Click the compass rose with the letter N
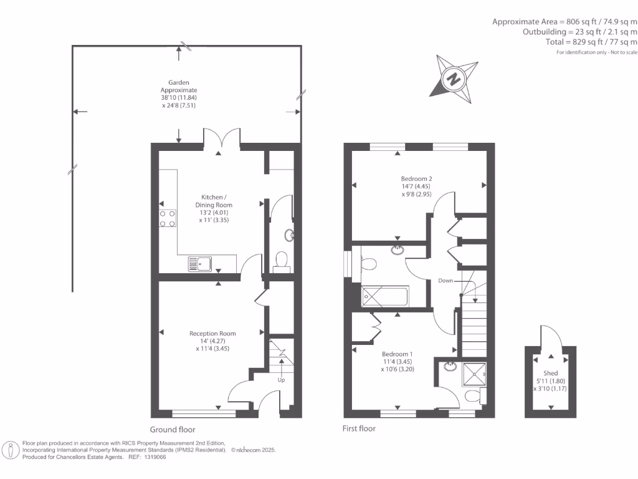(454, 79)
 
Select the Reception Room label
(212, 341)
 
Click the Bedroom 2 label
(416, 186)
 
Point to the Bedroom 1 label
(398, 361)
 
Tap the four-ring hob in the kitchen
(167, 218)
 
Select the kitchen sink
(201, 264)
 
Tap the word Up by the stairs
(281, 379)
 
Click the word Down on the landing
(445, 281)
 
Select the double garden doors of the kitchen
(221, 137)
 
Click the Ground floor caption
(173, 430)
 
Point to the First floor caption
(359, 428)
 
